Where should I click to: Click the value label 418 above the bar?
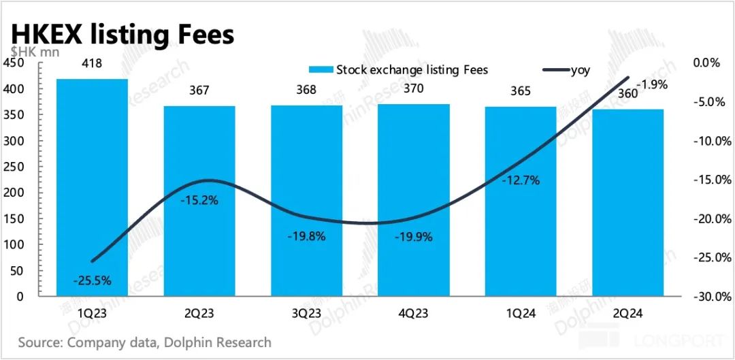coord(92,64)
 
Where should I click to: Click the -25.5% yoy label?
coord(93,280)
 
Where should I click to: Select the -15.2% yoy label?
coord(199,201)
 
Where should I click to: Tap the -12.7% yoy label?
coord(521,180)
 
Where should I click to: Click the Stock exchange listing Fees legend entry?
coord(398,69)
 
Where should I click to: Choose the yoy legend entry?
coord(568,69)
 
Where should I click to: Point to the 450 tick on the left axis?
coord(14,63)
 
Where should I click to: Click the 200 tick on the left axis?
coord(14,167)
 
